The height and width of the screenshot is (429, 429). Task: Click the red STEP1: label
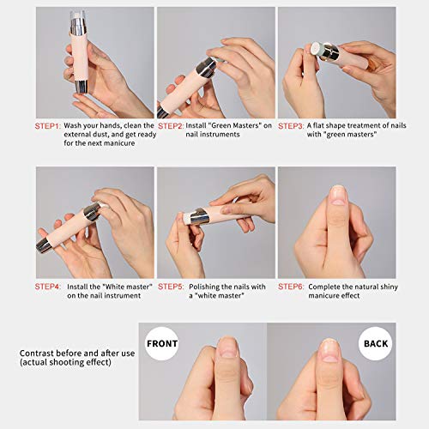(48, 125)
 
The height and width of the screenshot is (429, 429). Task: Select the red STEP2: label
(170, 125)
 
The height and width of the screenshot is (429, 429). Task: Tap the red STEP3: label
(291, 125)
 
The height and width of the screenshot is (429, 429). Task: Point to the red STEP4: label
(48, 286)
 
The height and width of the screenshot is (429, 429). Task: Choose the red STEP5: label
(170, 286)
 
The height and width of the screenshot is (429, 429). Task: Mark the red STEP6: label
(291, 286)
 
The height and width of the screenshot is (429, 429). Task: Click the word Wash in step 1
(76, 125)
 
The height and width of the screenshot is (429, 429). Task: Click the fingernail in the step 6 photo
(337, 195)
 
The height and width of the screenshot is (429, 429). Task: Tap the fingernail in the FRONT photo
(227, 347)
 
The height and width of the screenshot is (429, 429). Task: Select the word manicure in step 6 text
(316, 296)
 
